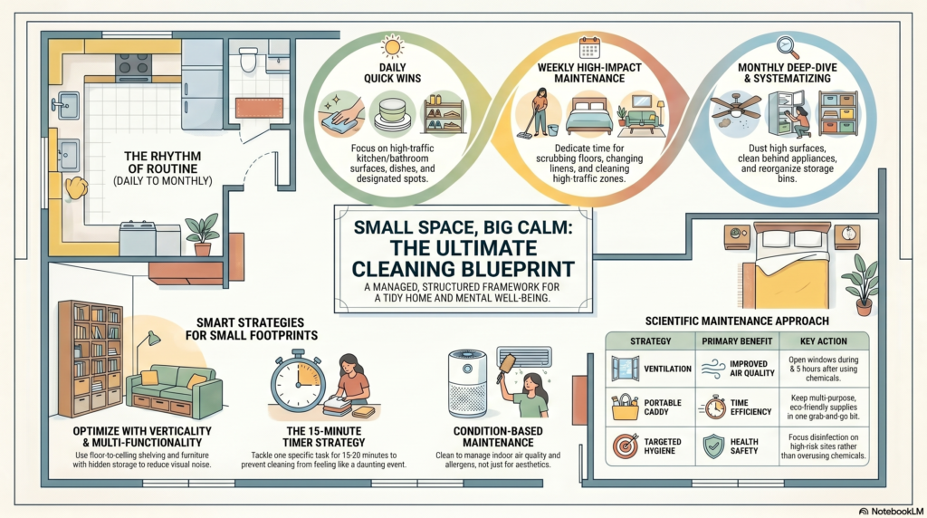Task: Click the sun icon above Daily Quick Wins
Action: [x=392, y=46]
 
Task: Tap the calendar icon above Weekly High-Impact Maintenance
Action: [x=589, y=47]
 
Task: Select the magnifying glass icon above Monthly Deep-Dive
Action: [x=787, y=47]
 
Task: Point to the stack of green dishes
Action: [x=392, y=115]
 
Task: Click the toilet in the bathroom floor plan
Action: [x=248, y=60]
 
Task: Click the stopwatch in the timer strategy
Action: [x=298, y=380]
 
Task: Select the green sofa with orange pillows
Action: [x=175, y=390]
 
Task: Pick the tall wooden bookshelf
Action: [x=91, y=359]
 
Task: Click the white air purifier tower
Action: [x=467, y=383]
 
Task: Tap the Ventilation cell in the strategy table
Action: [x=650, y=369]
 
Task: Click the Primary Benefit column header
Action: [x=737, y=341]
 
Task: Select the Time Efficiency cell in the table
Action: [x=737, y=407]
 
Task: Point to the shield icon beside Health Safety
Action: [x=713, y=446]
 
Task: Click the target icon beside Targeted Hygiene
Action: [x=626, y=446]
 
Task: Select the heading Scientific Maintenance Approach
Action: [x=737, y=321]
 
